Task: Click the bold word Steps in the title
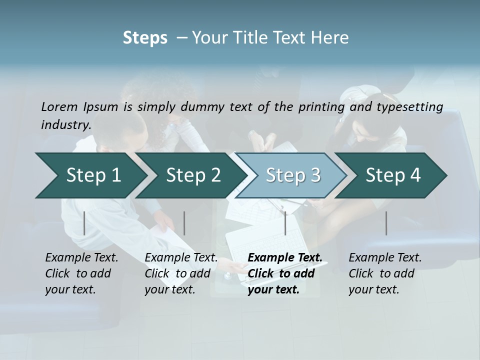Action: [145, 38]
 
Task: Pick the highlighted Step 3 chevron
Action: [293, 175]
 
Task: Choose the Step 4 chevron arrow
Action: [393, 175]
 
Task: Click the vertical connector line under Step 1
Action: [84, 223]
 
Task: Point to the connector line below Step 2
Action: [184, 223]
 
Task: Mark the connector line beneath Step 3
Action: [285, 223]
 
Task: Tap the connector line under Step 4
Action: [386, 223]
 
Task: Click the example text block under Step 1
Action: [81, 273]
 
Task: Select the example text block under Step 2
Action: [181, 273]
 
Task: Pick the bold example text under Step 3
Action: [285, 273]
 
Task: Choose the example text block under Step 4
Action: [385, 273]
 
